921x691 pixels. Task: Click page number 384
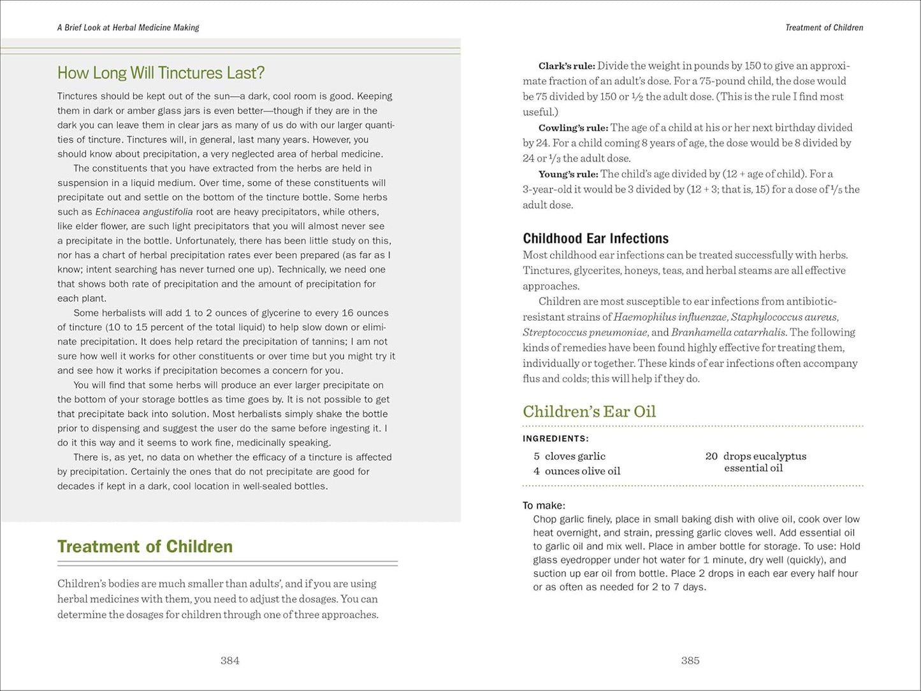[229, 661]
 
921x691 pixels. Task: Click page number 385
[690, 661]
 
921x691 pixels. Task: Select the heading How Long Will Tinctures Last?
[161, 73]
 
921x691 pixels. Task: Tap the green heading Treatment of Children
[145, 546]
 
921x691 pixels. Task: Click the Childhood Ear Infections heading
[595, 238]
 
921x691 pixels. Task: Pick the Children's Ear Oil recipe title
[589, 412]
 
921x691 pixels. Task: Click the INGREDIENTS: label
[556, 439]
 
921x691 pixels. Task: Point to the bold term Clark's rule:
[567, 66]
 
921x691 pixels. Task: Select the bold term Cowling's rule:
[573, 127]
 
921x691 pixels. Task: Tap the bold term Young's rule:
[568, 174]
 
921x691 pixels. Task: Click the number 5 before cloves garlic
[537, 456]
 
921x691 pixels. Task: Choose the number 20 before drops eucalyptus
[711, 456]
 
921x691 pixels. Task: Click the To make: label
[544, 506]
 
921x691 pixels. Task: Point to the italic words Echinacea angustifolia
[134, 212]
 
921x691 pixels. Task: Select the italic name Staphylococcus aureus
[784, 317]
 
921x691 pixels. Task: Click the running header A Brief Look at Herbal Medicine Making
[128, 27]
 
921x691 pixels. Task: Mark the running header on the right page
[823, 27]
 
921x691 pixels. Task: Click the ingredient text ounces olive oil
[582, 471]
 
